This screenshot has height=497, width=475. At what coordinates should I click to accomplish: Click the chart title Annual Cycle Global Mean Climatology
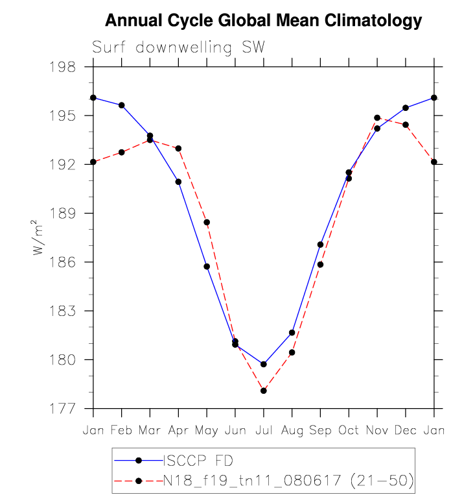[263, 21]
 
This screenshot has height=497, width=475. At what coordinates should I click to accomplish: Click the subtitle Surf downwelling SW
[179, 47]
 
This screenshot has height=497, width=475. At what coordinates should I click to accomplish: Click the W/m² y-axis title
[40, 237]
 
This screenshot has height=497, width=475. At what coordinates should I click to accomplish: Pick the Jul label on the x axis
[263, 430]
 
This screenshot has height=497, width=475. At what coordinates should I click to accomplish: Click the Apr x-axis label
[178, 430]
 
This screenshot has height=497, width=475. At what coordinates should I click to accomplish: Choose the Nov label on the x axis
[377, 430]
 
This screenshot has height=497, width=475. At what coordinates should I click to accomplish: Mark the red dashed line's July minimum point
[264, 391]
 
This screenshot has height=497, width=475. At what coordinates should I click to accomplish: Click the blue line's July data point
[264, 364]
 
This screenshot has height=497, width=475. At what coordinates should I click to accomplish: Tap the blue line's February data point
[122, 105]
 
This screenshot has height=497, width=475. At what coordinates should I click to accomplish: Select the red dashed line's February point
[122, 152]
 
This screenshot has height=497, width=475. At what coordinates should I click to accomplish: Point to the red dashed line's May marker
[207, 223]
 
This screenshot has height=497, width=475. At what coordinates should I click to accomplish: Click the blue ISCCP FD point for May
[207, 267]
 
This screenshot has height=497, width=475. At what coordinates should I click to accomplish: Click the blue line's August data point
[292, 333]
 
